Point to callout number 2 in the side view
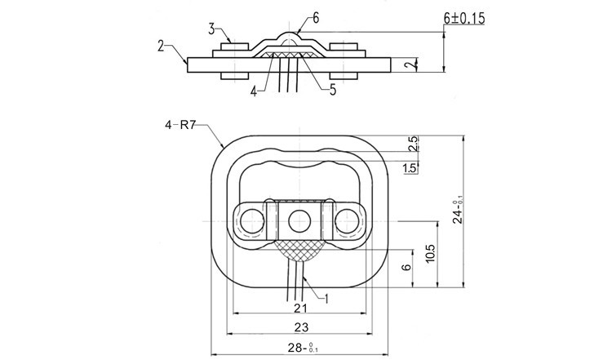pos(162,45)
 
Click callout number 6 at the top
pos(316,17)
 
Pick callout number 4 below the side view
pos(254,92)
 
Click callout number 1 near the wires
pos(326,299)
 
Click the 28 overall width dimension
pos(300,349)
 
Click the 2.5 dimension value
pos(413,144)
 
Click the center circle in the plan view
pos(298,220)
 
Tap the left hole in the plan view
pos(247,220)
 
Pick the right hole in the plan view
pos(349,220)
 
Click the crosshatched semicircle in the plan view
pos(298,251)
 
